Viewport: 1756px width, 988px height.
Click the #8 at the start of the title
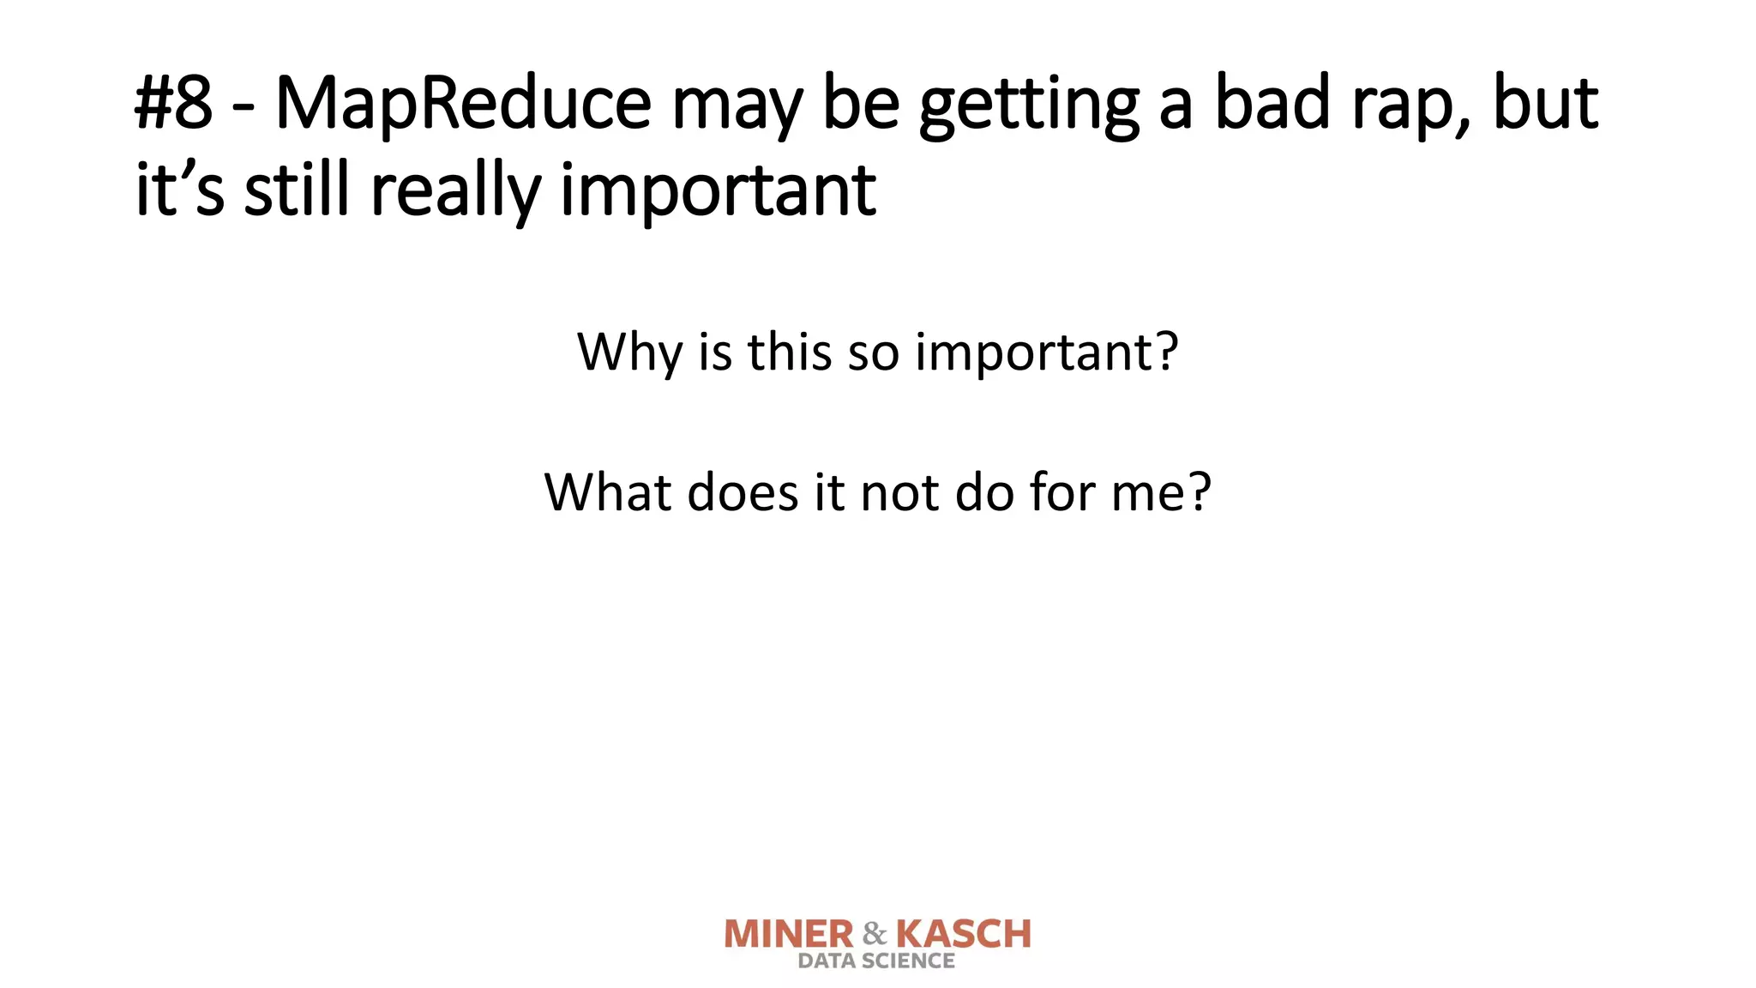click(x=173, y=103)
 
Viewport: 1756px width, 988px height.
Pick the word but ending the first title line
click(x=1545, y=103)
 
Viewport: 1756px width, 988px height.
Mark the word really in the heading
click(x=454, y=192)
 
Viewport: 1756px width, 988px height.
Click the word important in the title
click(x=718, y=192)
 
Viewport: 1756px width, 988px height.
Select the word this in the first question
click(x=789, y=351)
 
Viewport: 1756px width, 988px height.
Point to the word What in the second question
click(x=607, y=492)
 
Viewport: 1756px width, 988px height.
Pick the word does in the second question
click(x=743, y=492)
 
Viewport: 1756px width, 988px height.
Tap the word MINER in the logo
click(x=789, y=934)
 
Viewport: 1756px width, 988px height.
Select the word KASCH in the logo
click(x=963, y=934)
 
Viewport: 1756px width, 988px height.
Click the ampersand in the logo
click(x=875, y=934)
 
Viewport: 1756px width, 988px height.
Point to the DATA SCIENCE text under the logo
click(x=876, y=961)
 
